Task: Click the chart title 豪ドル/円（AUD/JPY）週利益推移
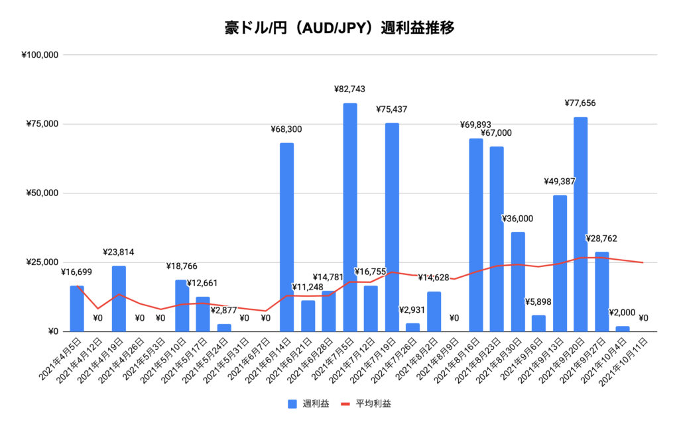tap(339, 28)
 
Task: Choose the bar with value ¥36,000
tap(517, 281)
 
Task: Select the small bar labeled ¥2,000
tap(622, 329)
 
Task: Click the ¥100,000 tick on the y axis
tap(42, 55)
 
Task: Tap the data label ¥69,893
tap(476, 125)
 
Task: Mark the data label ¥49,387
tap(560, 182)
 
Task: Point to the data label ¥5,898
tap(538, 302)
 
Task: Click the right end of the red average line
tap(642, 262)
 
